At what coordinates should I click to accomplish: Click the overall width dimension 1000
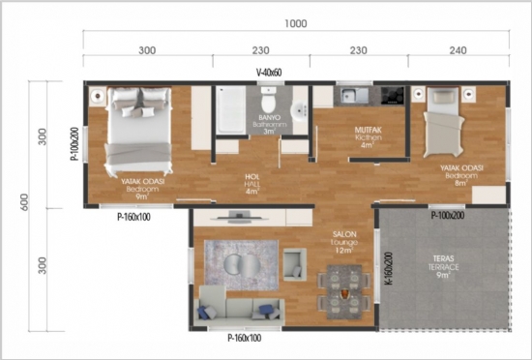(296, 22)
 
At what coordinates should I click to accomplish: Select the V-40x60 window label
(270, 73)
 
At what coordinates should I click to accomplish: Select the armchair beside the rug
(293, 259)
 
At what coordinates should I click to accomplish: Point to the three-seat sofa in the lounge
(237, 310)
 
